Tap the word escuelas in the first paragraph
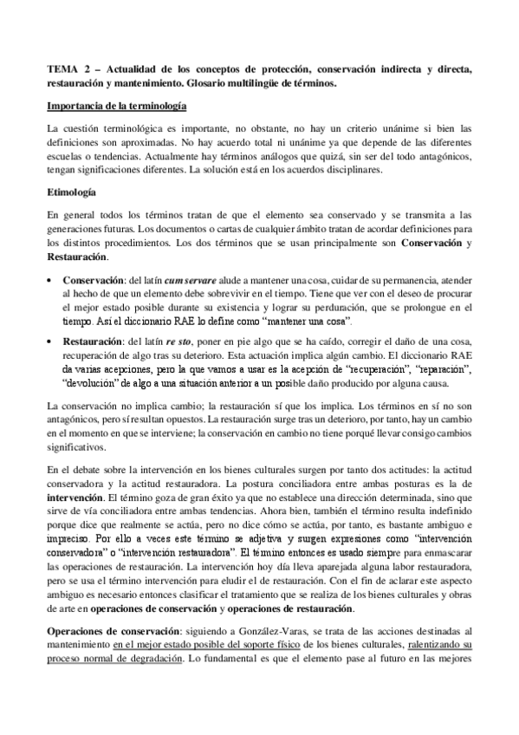[68, 156]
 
